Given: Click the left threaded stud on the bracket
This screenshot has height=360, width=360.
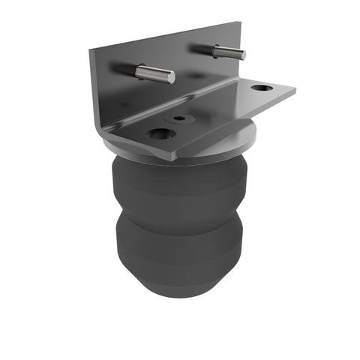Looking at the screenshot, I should tap(153, 73).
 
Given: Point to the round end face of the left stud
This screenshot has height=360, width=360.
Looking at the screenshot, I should tap(172, 77).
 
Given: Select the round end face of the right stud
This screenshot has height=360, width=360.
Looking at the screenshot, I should tap(242, 54).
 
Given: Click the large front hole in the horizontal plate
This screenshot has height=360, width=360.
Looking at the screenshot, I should tap(161, 135).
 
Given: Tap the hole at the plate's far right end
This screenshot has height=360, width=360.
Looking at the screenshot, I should tap(261, 88).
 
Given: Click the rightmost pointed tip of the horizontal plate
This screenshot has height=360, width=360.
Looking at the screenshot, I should tap(295, 91).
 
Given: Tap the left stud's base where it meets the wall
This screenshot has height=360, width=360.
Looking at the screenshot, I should tap(137, 69).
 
